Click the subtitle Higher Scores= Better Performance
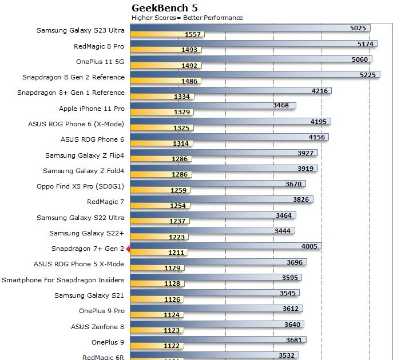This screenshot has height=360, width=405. coord(187,18)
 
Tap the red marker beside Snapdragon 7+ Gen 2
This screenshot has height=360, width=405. coord(128,249)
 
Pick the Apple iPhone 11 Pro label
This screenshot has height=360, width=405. coord(92,108)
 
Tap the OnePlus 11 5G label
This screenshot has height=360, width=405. coord(100,62)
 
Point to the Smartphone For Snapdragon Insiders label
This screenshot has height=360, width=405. coord(63,280)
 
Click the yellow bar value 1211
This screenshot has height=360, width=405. coord(178,253)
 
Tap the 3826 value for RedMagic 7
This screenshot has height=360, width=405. coord(300,199)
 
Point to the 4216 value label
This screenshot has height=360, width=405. coord(320,90)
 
